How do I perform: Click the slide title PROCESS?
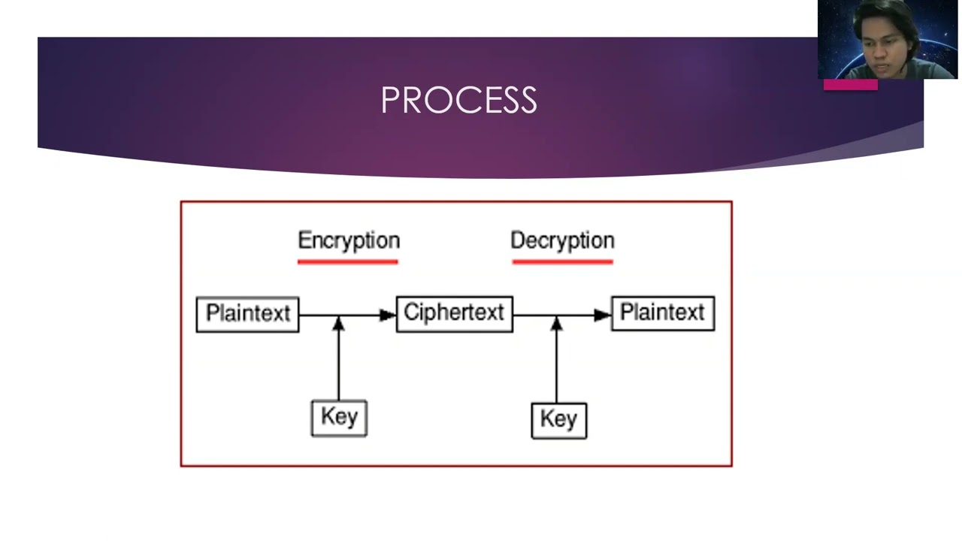[x=458, y=100]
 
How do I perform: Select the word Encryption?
[x=349, y=240]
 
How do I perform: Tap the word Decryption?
[x=562, y=240]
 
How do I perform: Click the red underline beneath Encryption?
[x=347, y=261]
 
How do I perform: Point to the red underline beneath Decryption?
[x=562, y=261]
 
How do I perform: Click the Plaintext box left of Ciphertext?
[x=247, y=313]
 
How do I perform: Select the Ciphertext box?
[x=454, y=313]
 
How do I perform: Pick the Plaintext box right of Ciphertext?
[x=662, y=313]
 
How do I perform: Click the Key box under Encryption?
[x=339, y=418]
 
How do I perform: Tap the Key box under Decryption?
[x=558, y=419]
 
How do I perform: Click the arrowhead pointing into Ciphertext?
[x=387, y=315]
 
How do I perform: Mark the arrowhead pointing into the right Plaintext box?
[x=603, y=315]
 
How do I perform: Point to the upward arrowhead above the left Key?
[x=338, y=324]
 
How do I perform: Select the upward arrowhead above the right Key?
[x=556, y=324]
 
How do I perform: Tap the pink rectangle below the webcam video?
[x=850, y=85]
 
